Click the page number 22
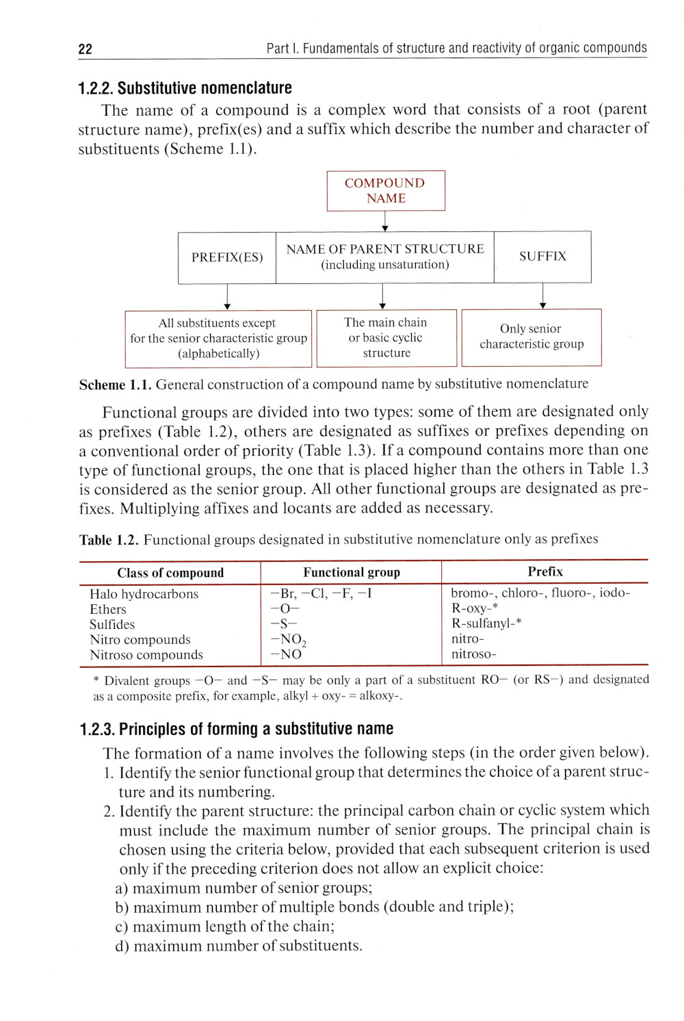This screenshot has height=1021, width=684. click(85, 49)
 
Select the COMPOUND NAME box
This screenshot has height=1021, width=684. click(386, 191)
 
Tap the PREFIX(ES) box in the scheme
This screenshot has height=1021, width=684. click(227, 257)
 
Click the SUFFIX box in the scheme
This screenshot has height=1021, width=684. click(542, 257)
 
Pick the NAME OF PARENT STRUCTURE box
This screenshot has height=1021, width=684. click(385, 257)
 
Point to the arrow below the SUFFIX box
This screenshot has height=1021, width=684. click(542, 296)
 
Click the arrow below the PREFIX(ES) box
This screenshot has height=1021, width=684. click(227, 296)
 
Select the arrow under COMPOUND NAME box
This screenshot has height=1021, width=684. click(385, 221)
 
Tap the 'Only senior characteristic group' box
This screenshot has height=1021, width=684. click(531, 337)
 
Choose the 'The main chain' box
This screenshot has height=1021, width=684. click(386, 337)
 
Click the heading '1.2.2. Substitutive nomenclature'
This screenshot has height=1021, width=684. click(185, 88)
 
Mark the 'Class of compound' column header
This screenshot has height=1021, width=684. click(170, 573)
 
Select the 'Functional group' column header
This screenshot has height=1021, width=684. click(352, 572)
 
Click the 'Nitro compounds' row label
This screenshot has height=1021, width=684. click(140, 640)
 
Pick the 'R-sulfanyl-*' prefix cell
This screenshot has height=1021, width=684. click(486, 623)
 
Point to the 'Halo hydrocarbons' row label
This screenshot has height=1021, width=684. click(144, 594)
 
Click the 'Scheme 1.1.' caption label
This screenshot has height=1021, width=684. click(115, 385)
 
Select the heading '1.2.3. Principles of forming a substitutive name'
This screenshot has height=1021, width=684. click(237, 729)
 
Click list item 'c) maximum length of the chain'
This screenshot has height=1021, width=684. click(226, 927)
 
